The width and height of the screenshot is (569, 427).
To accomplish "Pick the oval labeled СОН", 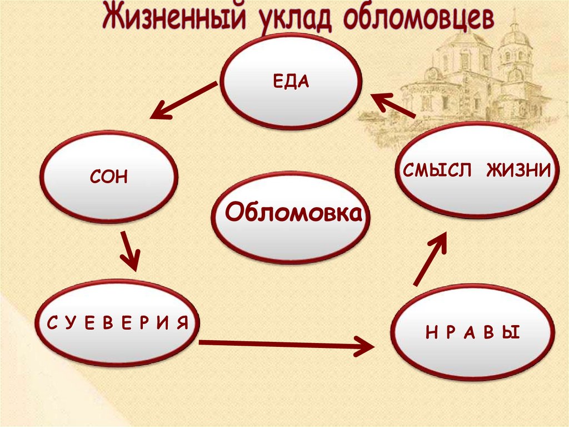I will pyautogui.click(x=108, y=178).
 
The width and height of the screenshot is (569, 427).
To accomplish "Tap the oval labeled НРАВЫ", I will pyautogui.click(x=472, y=333).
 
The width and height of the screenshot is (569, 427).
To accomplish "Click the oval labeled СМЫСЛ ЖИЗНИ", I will pyautogui.click(x=477, y=169).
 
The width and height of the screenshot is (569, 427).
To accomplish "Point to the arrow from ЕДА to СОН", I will pyautogui.click(x=183, y=101).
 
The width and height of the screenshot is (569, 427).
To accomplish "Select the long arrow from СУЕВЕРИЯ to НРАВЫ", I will pyautogui.click(x=286, y=345).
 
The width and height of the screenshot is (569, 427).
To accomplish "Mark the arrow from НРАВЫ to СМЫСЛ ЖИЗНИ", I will pyautogui.click(x=430, y=258).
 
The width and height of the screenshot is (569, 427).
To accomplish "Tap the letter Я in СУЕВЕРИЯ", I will pyautogui.click(x=183, y=322).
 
